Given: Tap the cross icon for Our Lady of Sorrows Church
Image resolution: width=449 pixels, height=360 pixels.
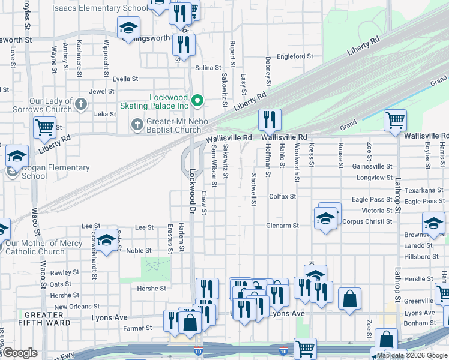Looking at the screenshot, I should pos(82,106).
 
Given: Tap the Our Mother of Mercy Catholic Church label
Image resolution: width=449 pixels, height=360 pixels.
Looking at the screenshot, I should pos(43,247).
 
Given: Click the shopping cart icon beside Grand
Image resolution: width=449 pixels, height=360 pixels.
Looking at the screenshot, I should pos(395,120).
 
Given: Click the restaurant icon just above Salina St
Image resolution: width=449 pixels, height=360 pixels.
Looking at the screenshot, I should pos(184,44).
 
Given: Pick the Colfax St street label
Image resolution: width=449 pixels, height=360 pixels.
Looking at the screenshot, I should pos(282,196).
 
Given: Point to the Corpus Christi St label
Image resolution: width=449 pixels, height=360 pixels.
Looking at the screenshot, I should pos(367,221).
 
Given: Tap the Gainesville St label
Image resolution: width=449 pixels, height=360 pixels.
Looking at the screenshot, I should pos(372,166).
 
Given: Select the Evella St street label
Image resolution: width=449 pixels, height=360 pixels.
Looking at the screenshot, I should pos(125,79).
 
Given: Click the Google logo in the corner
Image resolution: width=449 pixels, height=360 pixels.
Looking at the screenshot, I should pos(19,353).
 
